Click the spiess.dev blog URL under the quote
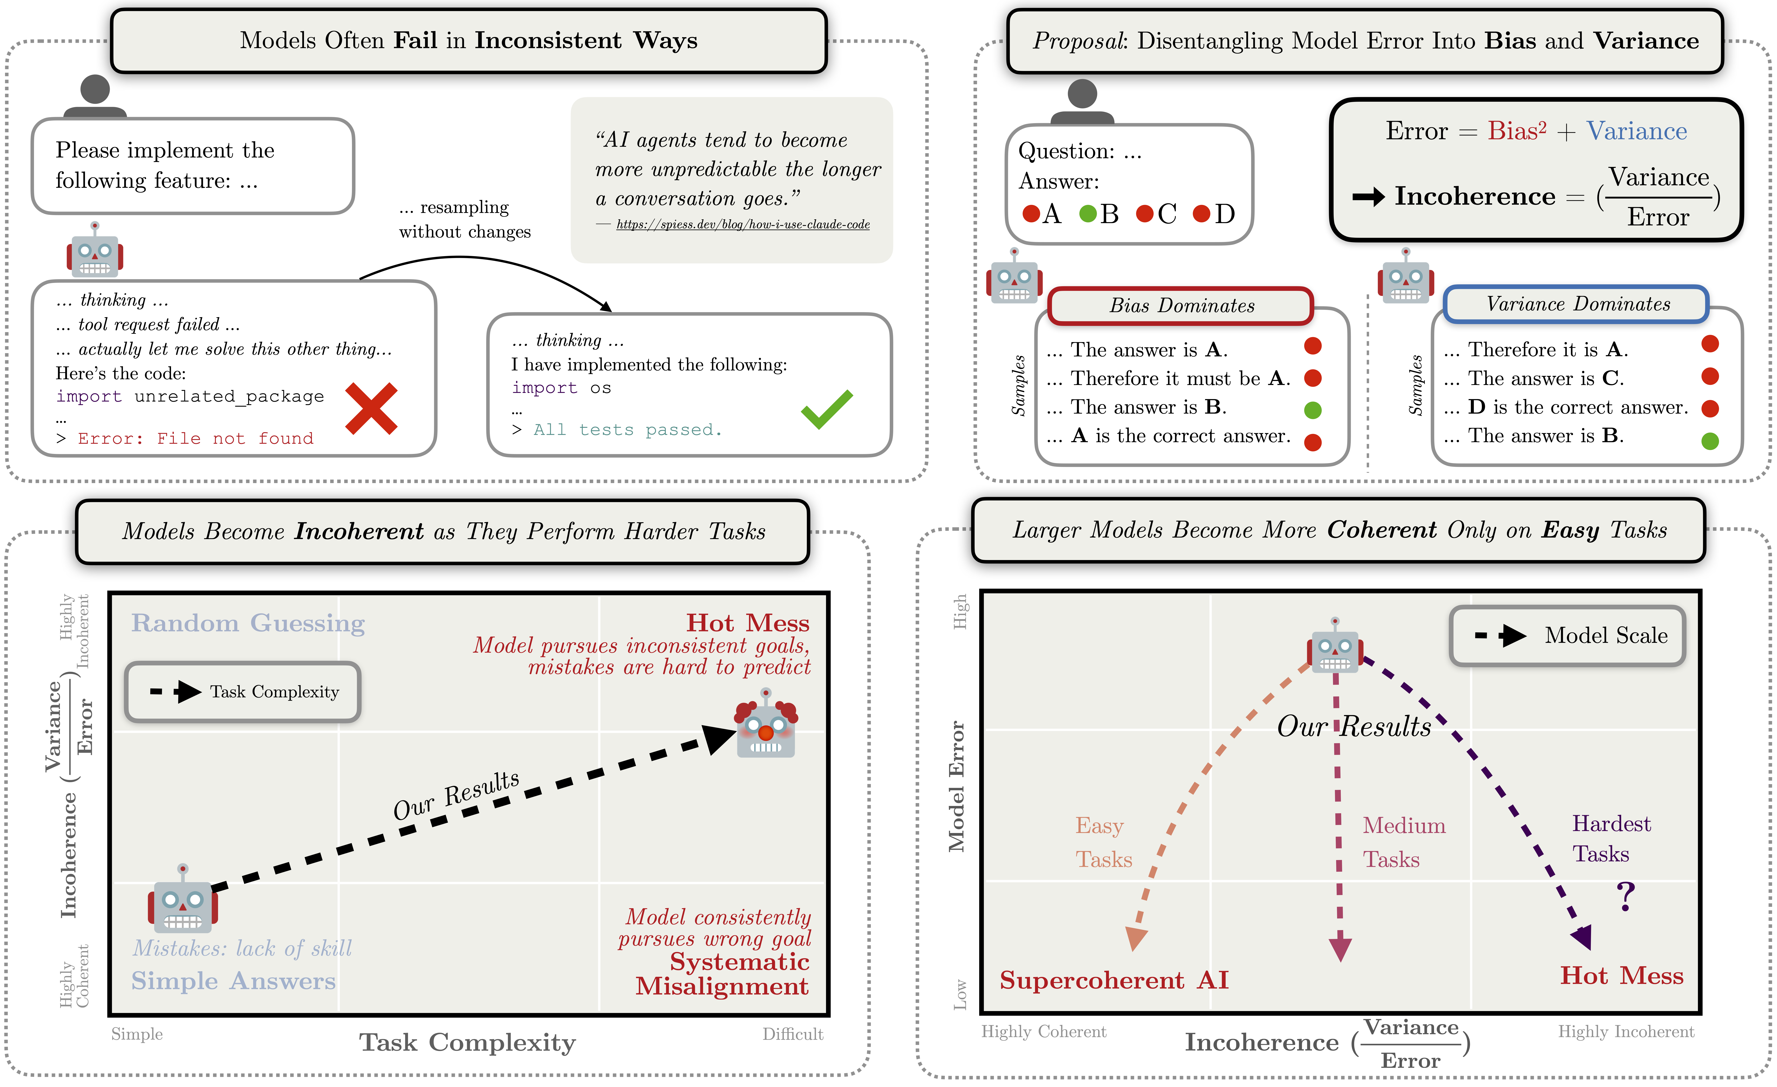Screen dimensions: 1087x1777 point(743,225)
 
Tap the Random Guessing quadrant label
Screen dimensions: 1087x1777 point(247,623)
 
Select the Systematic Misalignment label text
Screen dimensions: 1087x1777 point(723,974)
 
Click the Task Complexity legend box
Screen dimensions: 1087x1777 point(243,692)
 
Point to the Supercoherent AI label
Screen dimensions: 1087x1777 point(1114,980)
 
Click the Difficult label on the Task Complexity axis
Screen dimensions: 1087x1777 point(793,1034)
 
